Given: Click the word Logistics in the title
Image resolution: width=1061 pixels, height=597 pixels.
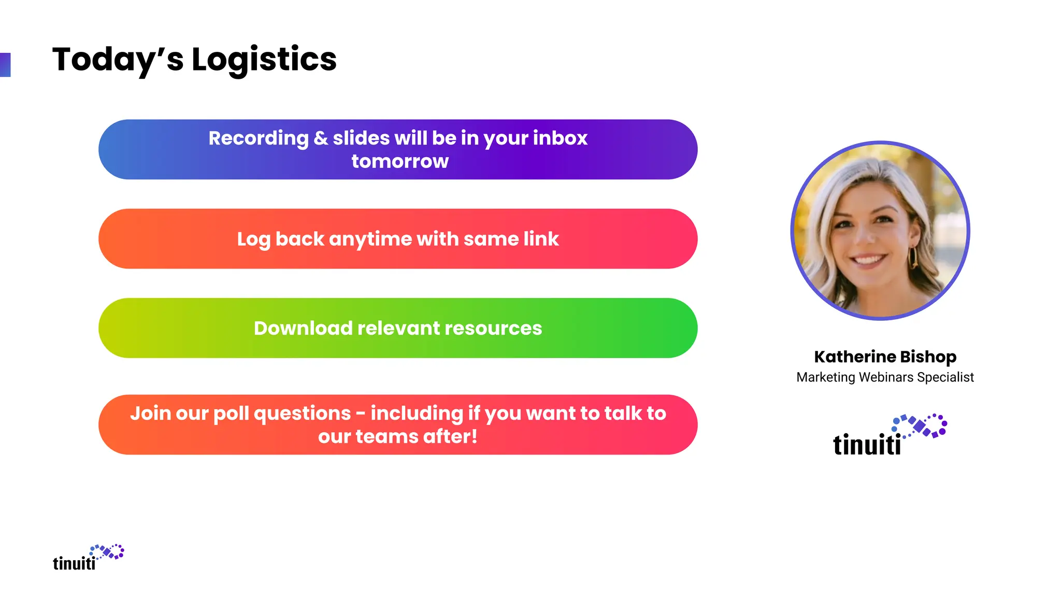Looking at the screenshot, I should coord(264,59).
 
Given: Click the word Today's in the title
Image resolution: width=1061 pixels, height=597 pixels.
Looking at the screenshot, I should coord(118,59).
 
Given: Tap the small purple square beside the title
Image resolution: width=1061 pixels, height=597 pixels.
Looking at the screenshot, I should coord(5,65).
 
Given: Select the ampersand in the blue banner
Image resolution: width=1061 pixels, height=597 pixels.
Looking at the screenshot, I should coord(321,138).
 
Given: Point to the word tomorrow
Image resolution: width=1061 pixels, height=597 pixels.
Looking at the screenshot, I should coord(399,161).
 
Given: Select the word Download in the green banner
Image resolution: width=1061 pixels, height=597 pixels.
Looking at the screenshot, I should coord(303,328).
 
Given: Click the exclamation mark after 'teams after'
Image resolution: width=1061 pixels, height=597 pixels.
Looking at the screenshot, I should coord(474,436).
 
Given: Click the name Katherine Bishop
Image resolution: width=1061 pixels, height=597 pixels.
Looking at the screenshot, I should coord(885,357).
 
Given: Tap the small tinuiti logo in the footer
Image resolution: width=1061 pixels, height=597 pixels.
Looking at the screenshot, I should coord(88,558).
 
